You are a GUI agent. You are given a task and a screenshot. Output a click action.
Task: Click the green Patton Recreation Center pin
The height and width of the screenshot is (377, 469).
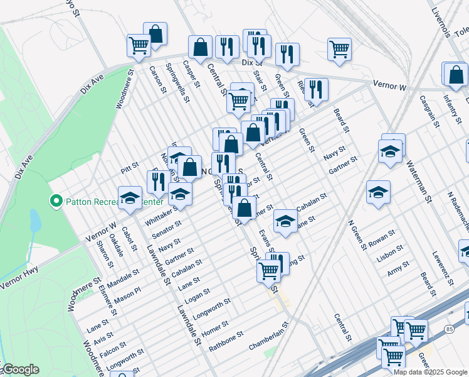click(x=55, y=201)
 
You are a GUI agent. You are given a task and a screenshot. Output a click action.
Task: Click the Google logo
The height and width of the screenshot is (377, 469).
click(x=21, y=369)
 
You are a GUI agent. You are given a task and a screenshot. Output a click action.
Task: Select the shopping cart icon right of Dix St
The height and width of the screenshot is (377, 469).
click(x=339, y=48)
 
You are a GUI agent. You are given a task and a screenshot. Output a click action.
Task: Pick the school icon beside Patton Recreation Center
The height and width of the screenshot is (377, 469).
click(x=130, y=198)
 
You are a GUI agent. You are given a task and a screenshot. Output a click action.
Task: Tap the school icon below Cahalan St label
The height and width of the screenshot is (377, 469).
click(x=285, y=221)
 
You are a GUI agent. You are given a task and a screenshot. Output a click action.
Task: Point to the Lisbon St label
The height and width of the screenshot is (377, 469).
click(x=390, y=251)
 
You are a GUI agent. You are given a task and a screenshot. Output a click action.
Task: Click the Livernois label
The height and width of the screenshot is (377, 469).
click(x=443, y=21)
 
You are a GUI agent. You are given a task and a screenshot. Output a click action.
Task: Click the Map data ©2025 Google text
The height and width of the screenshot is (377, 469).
click(x=429, y=371)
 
